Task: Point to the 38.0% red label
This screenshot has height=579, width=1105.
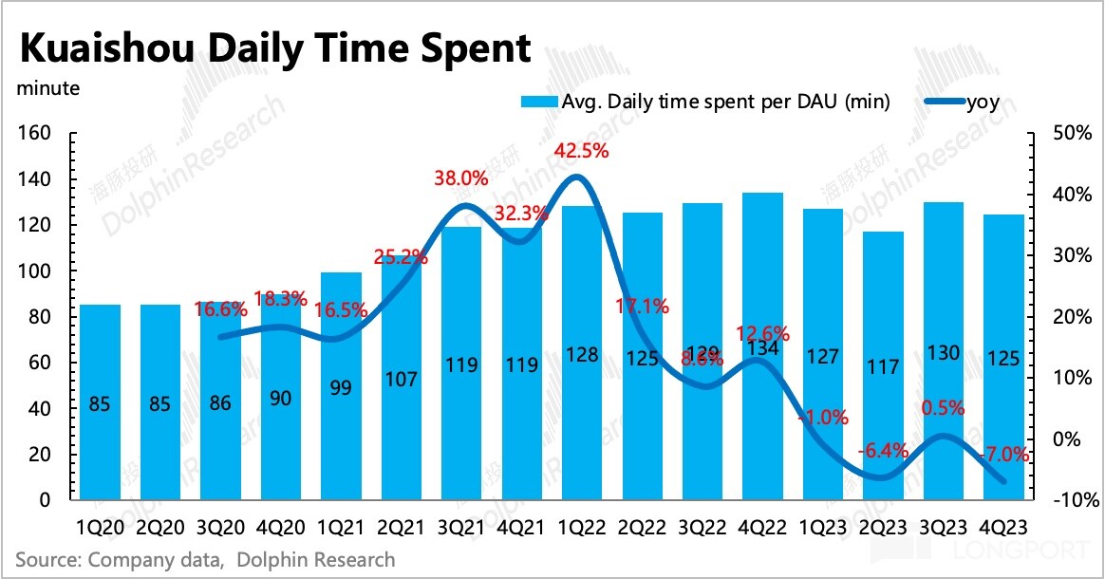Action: [461, 177]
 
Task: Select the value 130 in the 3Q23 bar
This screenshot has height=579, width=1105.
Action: [944, 352]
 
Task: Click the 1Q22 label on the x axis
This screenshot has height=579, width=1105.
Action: [581, 525]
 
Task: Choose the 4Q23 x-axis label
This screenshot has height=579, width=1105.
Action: [1004, 525]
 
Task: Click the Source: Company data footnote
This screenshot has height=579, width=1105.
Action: [204, 559]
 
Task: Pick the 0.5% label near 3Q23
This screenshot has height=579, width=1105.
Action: [943, 408]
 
